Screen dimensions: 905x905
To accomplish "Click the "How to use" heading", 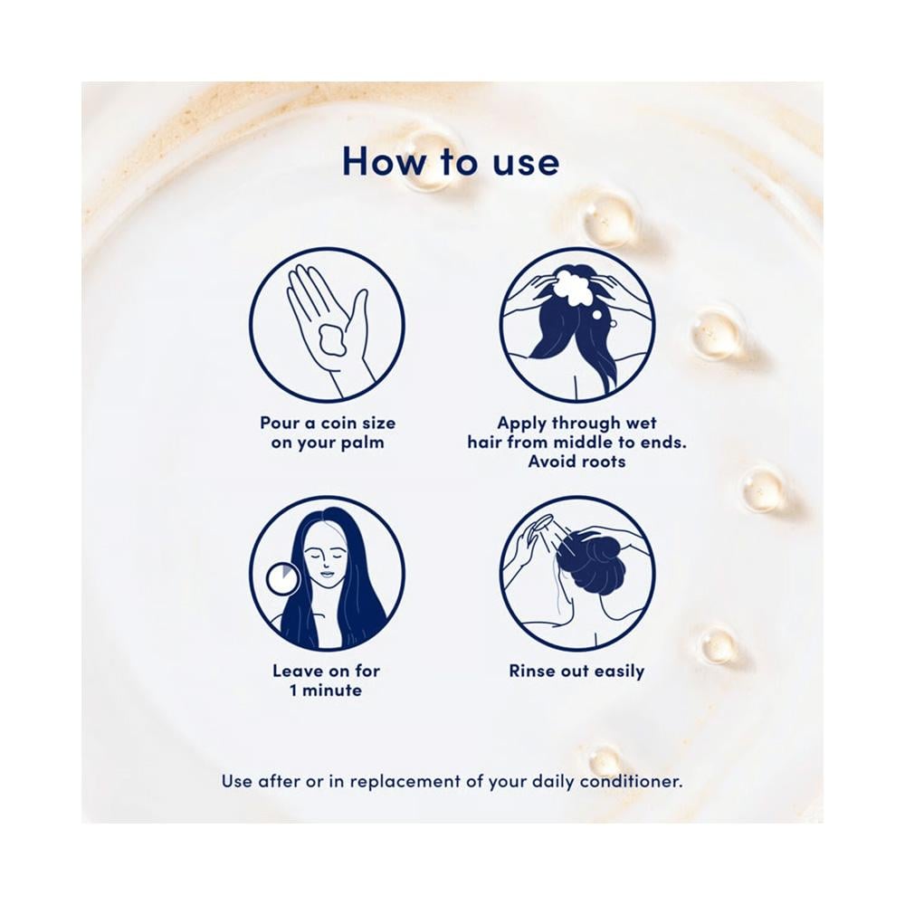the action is (451, 162).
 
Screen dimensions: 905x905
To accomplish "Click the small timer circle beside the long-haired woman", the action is (282, 579).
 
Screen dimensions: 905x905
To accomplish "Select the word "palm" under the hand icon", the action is (362, 443).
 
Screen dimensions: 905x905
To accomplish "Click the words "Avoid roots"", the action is (576, 462).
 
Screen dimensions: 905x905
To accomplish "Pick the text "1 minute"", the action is (326, 691).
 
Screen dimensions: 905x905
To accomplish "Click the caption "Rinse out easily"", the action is (576, 672).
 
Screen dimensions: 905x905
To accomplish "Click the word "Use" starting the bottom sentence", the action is (236, 782).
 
